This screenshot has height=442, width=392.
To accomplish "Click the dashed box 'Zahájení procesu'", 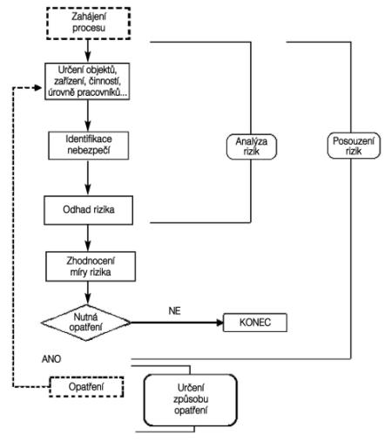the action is pyautogui.click(x=88, y=24).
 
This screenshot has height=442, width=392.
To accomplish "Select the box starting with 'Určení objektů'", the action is pyautogui.click(x=87, y=81).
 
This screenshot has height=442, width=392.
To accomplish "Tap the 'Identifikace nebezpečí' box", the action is pyautogui.click(x=89, y=146).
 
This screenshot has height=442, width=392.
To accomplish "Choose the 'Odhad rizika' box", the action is pyautogui.click(x=89, y=210).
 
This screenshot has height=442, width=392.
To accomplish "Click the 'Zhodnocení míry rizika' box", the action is pyautogui.click(x=91, y=266).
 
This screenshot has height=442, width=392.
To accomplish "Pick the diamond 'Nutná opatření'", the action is pyautogui.click(x=86, y=323).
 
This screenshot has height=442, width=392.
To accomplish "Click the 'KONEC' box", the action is pyautogui.click(x=255, y=323).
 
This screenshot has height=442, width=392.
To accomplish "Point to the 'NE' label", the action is pyautogui.click(x=174, y=311).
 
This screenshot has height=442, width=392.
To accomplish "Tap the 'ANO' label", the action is pyautogui.click(x=51, y=359).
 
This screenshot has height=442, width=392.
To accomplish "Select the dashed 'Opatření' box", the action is pyautogui.click(x=86, y=387).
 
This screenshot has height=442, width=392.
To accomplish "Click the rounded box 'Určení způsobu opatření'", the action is pyautogui.click(x=191, y=400).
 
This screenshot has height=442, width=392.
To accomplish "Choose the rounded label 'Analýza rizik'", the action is pyautogui.click(x=252, y=146).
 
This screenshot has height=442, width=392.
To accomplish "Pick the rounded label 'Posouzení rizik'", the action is pyautogui.click(x=354, y=146).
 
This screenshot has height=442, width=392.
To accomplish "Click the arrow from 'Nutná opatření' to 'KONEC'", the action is pyautogui.click(x=177, y=323).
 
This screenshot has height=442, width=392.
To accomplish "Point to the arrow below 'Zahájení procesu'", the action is pyautogui.click(x=88, y=51).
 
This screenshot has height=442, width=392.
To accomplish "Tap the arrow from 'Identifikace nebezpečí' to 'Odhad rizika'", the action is pyautogui.click(x=88, y=178).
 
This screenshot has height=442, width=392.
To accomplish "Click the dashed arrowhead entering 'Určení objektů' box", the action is pyautogui.click(x=38, y=87).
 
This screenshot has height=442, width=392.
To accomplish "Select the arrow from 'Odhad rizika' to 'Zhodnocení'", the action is pyautogui.click(x=88, y=238).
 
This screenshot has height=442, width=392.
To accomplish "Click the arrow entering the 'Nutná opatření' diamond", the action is pyautogui.click(x=88, y=293).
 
